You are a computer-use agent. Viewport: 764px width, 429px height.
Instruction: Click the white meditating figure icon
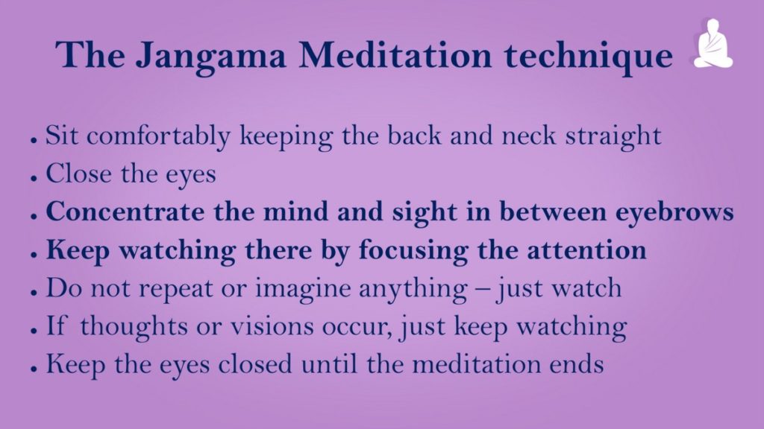(x=713, y=43)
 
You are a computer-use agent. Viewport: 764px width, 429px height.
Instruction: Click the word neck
(x=529, y=136)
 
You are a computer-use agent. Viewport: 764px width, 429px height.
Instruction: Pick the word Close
(x=78, y=174)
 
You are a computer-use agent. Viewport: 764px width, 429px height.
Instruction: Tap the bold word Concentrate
(x=125, y=212)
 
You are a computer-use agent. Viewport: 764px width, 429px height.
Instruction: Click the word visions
(x=272, y=326)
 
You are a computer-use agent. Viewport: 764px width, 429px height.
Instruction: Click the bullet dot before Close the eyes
(x=33, y=178)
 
